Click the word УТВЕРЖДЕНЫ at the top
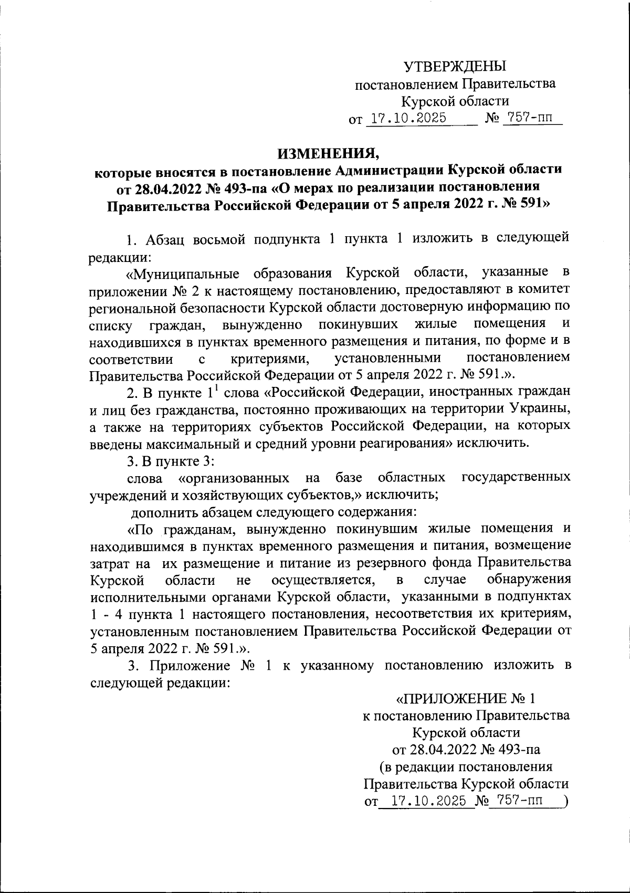(x=455, y=66)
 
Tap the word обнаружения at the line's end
(x=529, y=580)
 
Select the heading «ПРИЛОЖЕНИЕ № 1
(x=465, y=700)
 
